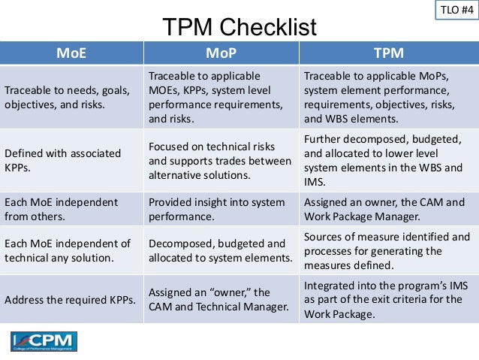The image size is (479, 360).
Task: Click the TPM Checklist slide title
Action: (x=239, y=28)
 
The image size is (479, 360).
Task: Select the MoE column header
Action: (x=72, y=53)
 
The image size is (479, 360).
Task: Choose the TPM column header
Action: (x=388, y=53)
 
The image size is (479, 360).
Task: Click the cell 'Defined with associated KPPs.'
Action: (x=63, y=160)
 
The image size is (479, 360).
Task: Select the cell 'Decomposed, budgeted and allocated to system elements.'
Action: (x=220, y=251)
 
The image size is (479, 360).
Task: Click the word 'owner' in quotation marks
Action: (x=240, y=292)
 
